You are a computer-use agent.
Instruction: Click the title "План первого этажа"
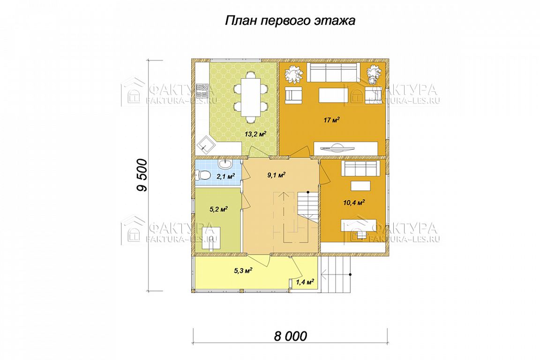click(x=290, y=21)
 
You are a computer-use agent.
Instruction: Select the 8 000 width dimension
click(x=290, y=336)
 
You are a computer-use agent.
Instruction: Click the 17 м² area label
click(x=332, y=120)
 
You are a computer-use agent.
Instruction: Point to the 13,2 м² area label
click(x=255, y=135)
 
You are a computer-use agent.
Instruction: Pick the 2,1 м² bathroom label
click(x=225, y=177)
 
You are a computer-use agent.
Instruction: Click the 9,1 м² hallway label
click(x=276, y=175)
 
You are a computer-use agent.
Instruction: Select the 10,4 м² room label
click(x=354, y=202)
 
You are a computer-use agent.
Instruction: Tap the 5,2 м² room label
click(x=219, y=209)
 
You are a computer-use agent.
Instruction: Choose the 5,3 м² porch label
click(x=243, y=271)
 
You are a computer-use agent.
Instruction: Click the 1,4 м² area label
click(x=305, y=283)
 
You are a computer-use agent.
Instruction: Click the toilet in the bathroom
click(x=203, y=176)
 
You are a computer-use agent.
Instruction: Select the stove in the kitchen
click(x=202, y=90)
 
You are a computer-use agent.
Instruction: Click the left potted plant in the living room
click(x=293, y=74)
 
